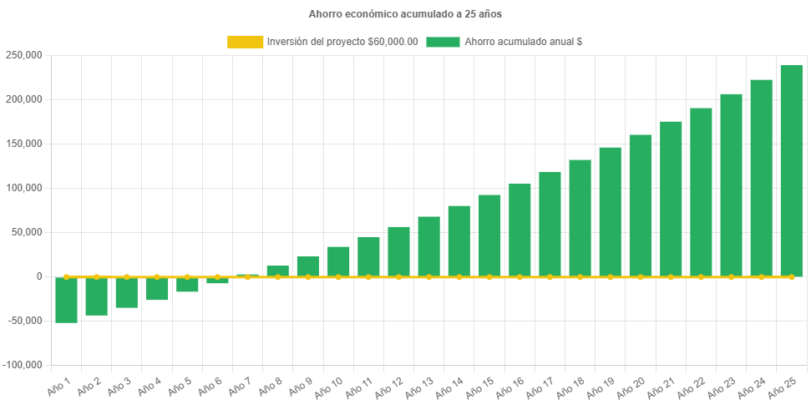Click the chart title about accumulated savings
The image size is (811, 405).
click(x=405, y=14)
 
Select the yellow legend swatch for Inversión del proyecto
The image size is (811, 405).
click(x=244, y=42)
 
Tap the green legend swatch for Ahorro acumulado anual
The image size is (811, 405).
click(x=443, y=42)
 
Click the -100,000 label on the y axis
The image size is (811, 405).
click(x=23, y=365)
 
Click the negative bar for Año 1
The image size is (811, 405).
click(x=67, y=300)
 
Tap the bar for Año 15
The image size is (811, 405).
click(x=489, y=235)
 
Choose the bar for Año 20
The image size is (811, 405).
click(x=641, y=205)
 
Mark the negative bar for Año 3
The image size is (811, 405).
click(x=127, y=292)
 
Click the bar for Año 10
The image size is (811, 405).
click(x=338, y=261)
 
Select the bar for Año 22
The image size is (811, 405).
click(x=701, y=192)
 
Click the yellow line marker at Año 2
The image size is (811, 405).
click(x=97, y=276)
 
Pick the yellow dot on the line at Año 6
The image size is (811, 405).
click(x=217, y=276)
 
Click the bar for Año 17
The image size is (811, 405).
click(x=550, y=224)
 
